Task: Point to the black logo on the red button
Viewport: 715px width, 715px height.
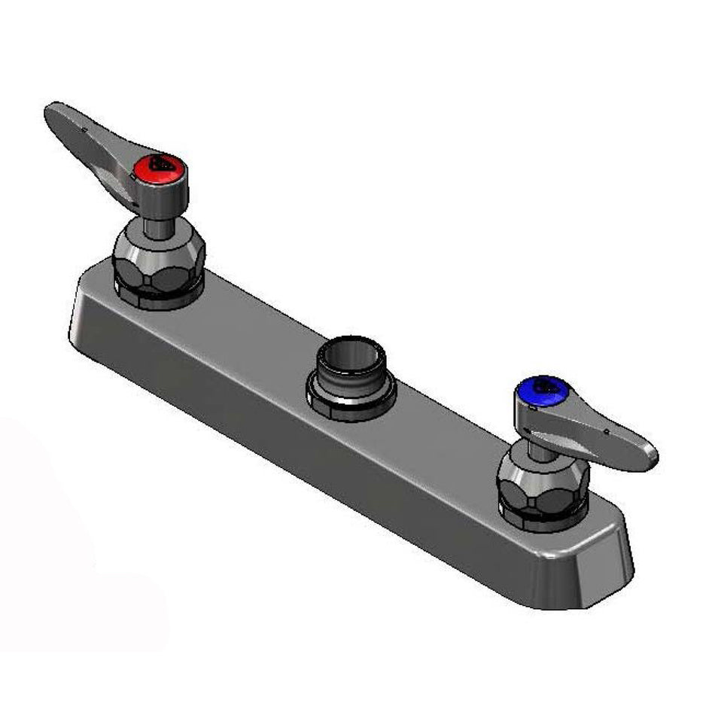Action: (160, 163)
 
